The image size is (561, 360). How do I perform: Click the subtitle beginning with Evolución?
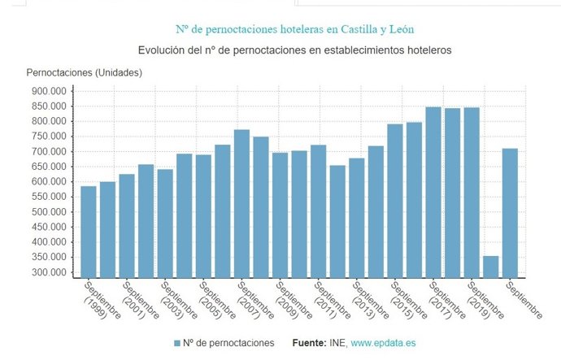click(x=294, y=50)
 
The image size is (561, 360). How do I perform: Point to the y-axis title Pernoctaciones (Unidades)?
click(x=85, y=73)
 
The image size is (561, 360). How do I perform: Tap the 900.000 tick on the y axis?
click(x=48, y=91)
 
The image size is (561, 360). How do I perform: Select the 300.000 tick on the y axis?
click(x=48, y=272)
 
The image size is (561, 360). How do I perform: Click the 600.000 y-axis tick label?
click(x=48, y=182)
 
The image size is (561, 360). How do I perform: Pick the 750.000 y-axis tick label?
click(x=48, y=137)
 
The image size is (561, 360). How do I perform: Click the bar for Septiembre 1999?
click(x=88, y=232)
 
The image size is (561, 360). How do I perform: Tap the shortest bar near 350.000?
click(x=490, y=267)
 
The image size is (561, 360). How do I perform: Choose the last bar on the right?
click(x=510, y=213)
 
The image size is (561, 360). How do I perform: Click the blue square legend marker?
click(x=178, y=344)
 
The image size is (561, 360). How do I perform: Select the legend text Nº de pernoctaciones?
click(x=229, y=344)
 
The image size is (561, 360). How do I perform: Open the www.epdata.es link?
click(x=383, y=344)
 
